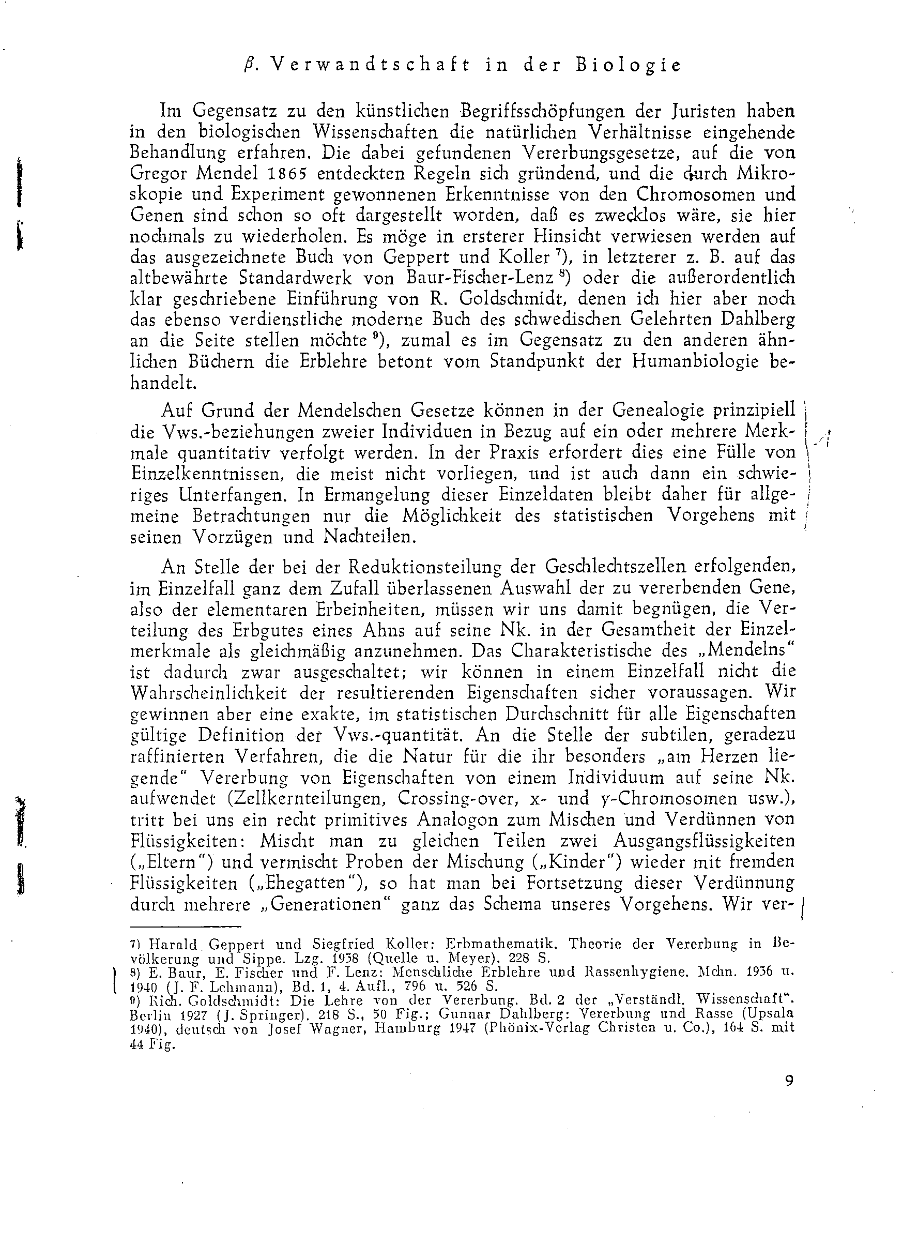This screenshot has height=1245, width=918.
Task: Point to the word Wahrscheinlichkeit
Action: pos(208,693)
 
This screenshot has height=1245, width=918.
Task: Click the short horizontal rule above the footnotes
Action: pos(186,927)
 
